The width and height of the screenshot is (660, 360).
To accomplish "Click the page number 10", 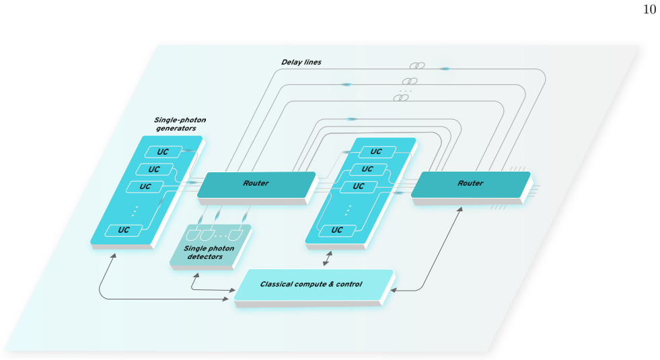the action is click(x=649, y=9).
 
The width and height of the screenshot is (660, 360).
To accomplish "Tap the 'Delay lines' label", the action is click(x=301, y=63).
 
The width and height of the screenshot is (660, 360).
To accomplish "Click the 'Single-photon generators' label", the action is click(x=180, y=124).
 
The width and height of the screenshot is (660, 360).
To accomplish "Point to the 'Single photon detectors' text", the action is click(x=209, y=252).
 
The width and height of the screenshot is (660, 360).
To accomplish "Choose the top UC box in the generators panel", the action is click(x=163, y=152).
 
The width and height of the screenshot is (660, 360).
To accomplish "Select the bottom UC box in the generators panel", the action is click(x=124, y=230).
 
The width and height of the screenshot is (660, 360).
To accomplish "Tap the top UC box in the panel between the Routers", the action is click(x=377, y=151).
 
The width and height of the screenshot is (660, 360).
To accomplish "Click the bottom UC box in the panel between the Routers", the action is click(x=337, y=230).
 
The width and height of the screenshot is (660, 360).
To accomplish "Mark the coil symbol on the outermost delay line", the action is click(x=417, y=66).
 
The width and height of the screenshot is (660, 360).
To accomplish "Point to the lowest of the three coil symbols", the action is click(x=401, y=98).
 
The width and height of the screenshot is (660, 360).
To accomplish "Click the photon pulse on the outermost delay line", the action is click(x=445, y=69).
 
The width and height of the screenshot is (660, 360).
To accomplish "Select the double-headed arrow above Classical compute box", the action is click(x=328, y=258).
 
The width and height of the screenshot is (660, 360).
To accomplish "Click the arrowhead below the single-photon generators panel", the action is click(x=113, y=256).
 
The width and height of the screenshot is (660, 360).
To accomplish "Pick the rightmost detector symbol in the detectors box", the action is click(x=235, y=235).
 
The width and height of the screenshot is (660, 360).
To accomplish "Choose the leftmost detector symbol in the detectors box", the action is click(x=193, y=235).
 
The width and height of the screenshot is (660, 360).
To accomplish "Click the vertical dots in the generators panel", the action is click(x=135, y=211).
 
